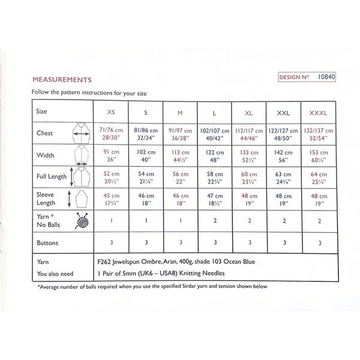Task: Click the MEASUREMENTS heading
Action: click(62, 79)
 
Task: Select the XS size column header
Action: click(111, 112)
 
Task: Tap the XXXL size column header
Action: click(319, 112)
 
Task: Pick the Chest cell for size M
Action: click(180, 133)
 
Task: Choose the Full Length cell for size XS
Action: click(111, 178)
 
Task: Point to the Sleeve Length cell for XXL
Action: click(284, 199)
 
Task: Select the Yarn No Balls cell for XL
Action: click(249, 221)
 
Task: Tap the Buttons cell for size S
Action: click(146, 242)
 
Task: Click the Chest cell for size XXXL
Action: click(319, 133)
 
